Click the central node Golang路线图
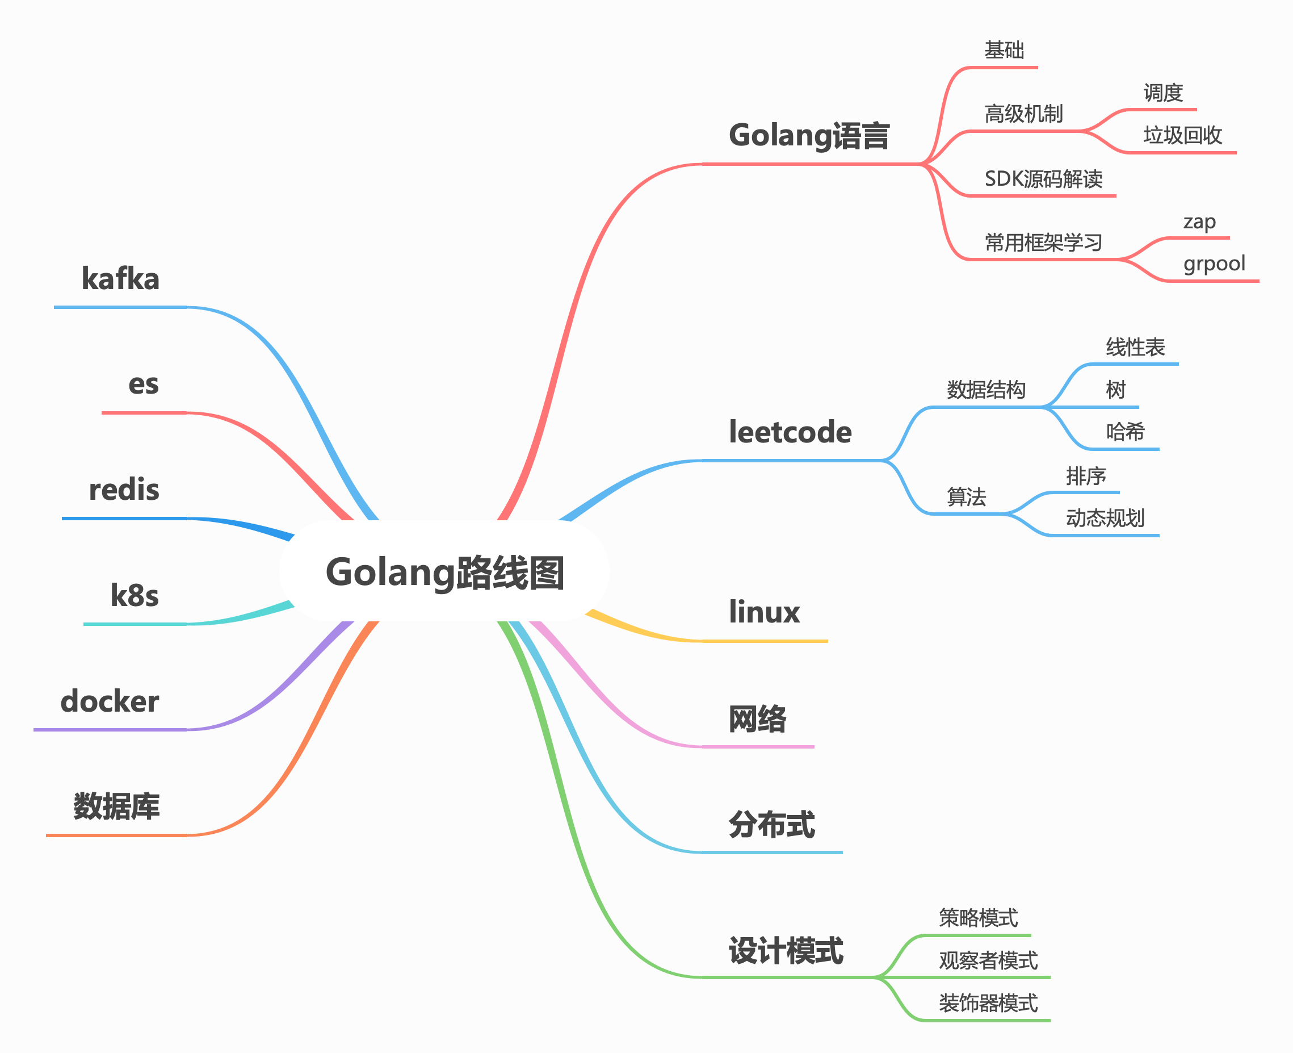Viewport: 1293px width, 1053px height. coord(444,572)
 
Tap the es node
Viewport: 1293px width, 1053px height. coord(144,385)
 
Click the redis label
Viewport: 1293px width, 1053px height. coord(124,490)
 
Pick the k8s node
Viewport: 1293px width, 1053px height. coord(135,596)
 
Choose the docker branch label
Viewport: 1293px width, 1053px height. coord(110,701)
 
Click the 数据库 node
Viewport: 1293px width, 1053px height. coord(116,807)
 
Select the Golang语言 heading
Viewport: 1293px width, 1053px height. coord(809,135)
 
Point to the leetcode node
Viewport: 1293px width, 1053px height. coord(790,432)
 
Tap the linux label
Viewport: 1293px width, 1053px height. coord(764,612)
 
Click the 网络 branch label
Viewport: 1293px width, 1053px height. coord(757,719)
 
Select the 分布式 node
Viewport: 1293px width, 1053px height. coord(772,824)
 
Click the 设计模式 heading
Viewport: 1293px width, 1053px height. coord(786,950)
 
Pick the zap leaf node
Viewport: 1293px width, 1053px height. coord(1199,222)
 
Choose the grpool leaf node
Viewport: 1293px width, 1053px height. coord(1214,264)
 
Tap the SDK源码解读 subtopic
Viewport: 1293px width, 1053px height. coord(1043,179)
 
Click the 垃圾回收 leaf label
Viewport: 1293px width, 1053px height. coord(1182,135)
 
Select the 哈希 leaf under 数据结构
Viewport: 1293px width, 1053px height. coord(1125,432)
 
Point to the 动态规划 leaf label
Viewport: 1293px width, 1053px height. coord(1105,518)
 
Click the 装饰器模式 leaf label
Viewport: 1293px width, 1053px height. coord(988,1003)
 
